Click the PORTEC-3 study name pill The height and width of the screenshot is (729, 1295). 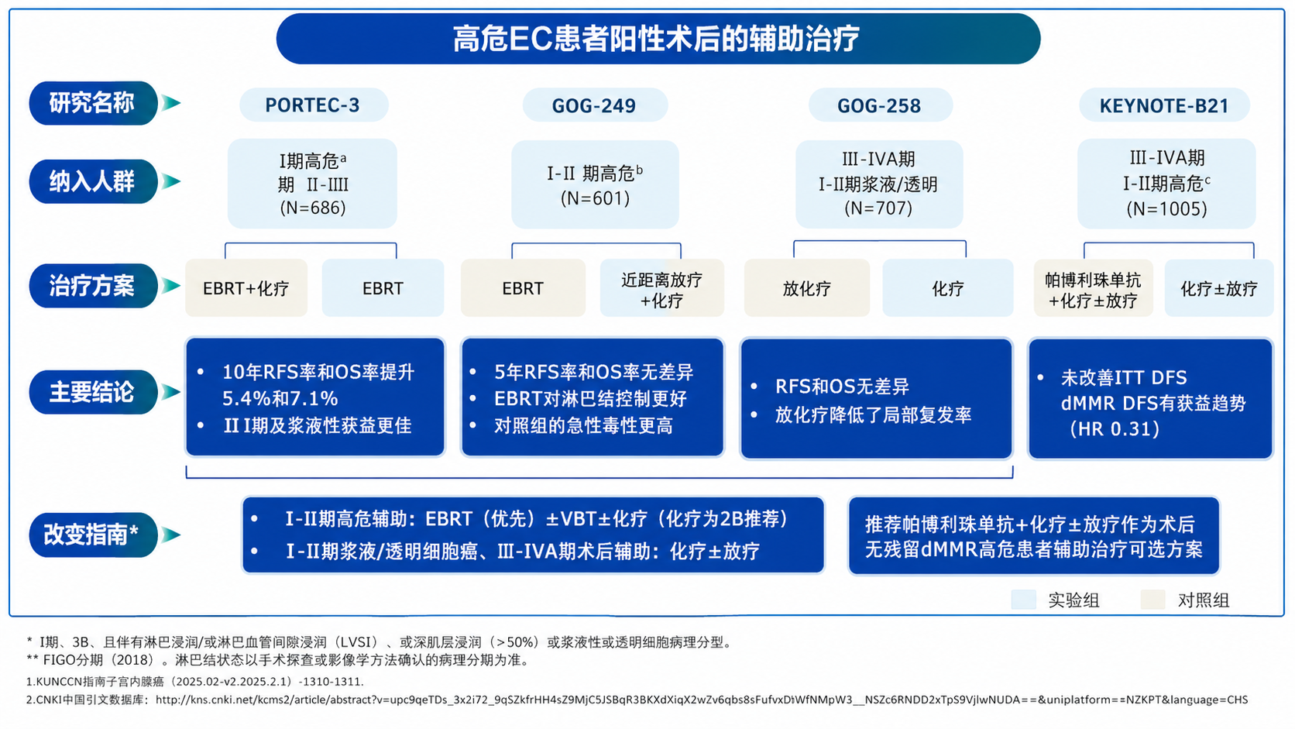pyautogui.click(x=313, y=105)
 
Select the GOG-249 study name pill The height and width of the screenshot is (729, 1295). pyautogui.click(x=594, y=105)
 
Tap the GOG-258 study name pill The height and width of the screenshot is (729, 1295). pyautogui.click(x=879, y=105)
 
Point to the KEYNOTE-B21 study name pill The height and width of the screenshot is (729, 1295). pyautogui.click(x=1164, y=105)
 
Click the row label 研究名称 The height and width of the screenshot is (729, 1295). pyautogui.click(x=92, y=103)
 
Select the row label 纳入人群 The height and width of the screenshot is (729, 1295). pyautogui.click(x=92, y=182)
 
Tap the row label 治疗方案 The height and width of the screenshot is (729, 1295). pyautogui.click(x=92, y=287)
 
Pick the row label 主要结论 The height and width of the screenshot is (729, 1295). pyautogui.click(x=92, y=393)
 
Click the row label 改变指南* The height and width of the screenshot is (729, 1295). pyautogui.click(x=92, y=535)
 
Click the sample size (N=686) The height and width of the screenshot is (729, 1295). pyautogui.click(x=313, y=208)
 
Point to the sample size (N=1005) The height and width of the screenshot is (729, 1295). pyautogui.click(x=1166, y=208)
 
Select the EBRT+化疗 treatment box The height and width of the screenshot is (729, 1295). pyautogui.click(x=246, y=288)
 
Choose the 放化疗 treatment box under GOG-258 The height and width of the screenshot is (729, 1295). pyautogui.click(x=806, y=289)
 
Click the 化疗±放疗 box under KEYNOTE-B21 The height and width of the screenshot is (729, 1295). pyautogui.click(x=1218, y=289)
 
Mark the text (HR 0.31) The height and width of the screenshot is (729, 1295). pyautogui.click(x=1115, y=429)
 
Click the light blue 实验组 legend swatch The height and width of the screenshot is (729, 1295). pyautogui.click(x=1024, y=600)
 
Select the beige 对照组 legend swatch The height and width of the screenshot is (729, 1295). pyautogui.click(x=1153, y=600)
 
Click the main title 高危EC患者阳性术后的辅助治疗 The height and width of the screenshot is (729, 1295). pyautogui.click(x=657, y=39)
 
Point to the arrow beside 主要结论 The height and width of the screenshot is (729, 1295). pyautogui.click(x=171, y=393)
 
